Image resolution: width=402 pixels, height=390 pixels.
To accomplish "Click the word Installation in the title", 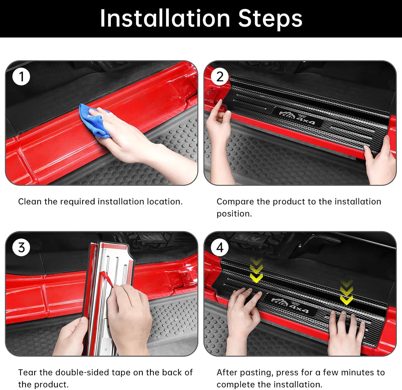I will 165,18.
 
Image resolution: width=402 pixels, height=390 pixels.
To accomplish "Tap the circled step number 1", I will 21,77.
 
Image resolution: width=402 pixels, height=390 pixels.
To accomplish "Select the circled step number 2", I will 220,77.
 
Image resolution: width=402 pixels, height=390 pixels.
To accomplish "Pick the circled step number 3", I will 21,247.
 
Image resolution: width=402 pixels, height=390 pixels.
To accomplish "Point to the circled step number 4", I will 220,247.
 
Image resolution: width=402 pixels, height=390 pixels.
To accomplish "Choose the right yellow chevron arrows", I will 346,292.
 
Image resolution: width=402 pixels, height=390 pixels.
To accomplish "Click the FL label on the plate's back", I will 106,349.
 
